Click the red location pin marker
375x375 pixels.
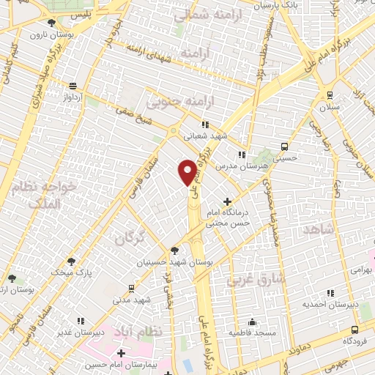click(x=187, y=171)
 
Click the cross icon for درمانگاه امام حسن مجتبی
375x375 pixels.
click(x=228, y=201)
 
